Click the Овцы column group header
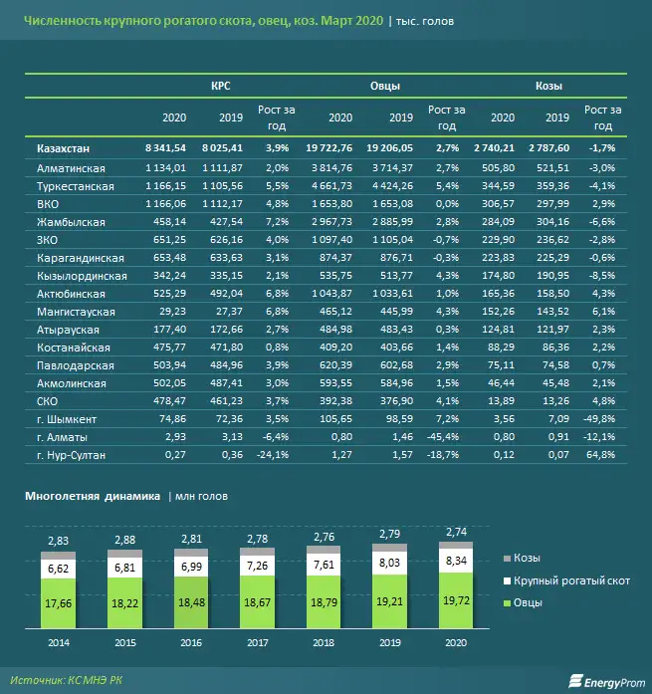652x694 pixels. pyautogui.click(x=385, y=87)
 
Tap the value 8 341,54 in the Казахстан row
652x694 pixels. pyautogui.click(x=165, y=147)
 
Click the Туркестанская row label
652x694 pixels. pyautogui.click(x=76, y=186)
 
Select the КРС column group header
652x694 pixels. pyautogui.click(x=221, y=87)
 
